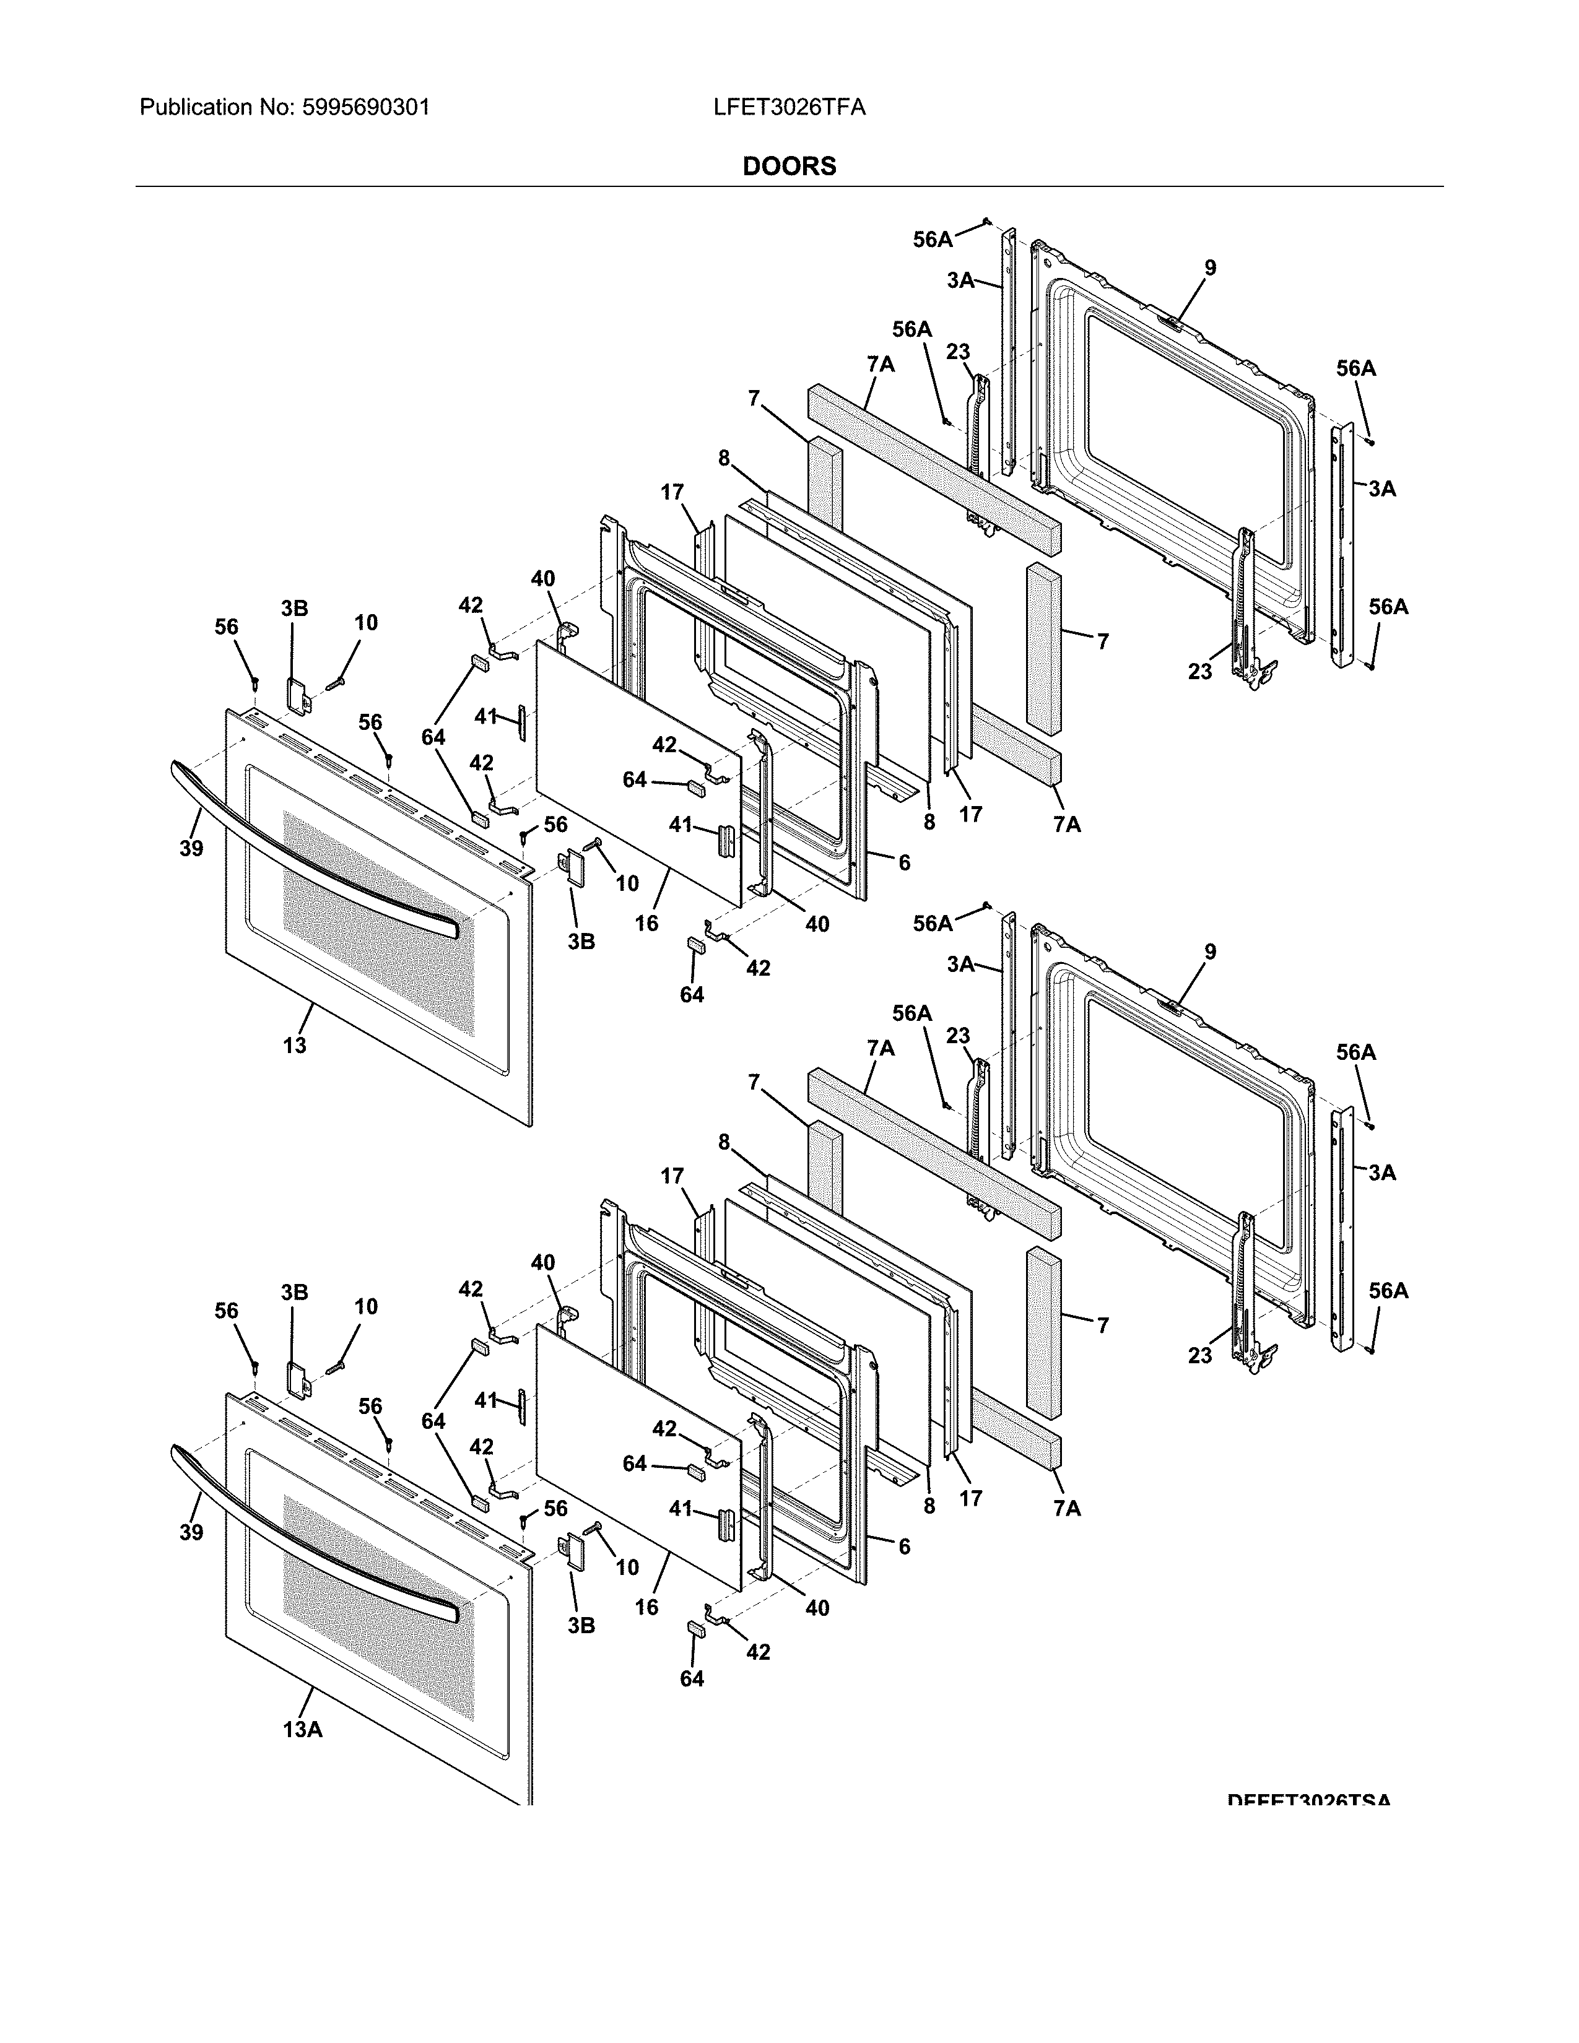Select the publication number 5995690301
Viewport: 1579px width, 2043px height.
tap(366, 108)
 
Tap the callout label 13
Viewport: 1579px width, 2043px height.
tap(295, 1046)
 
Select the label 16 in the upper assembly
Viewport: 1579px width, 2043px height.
tap(646, 923)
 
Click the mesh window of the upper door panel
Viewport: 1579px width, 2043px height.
tap(379, 926)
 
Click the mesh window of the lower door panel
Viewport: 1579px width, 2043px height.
tap(379, 1610)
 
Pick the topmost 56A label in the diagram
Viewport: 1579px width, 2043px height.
tap(933, 240)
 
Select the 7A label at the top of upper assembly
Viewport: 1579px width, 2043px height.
tap(881, 364)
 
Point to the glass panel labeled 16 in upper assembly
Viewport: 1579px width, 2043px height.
tap(636, 767)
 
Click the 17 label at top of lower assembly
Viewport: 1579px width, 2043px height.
tap(672, 1176)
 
